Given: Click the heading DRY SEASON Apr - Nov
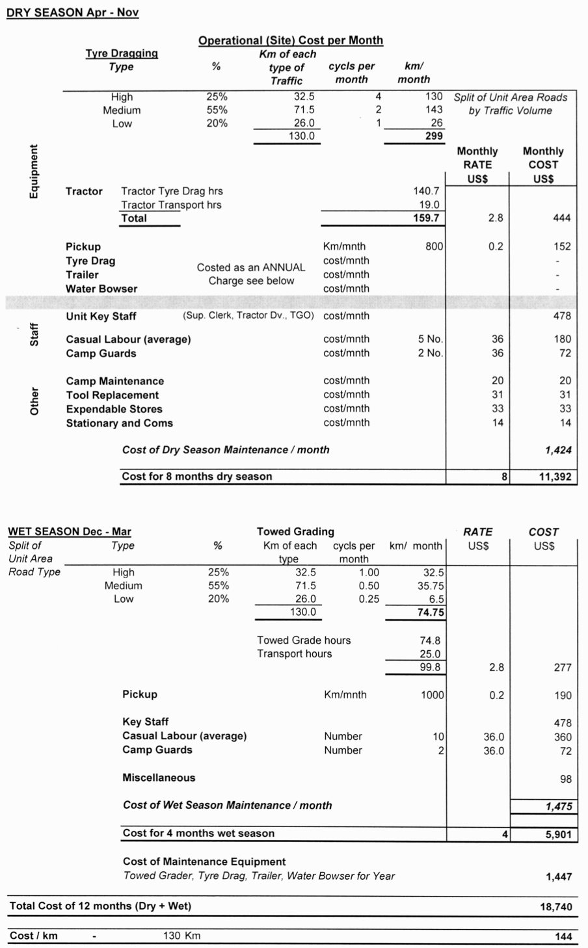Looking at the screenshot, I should [x=72, y=12].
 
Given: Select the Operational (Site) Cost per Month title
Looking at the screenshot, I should [x=290, y=40].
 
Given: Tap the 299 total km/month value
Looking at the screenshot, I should [x=434, y=136].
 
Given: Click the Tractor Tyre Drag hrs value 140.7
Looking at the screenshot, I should [x=426, y=191].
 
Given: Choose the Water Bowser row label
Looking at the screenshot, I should [x=101, y=289].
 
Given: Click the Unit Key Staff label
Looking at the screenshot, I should [x=101, y=316].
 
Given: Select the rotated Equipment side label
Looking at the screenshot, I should [x=34, y=171].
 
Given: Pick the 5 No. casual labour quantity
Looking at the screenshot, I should [x=430, y=339].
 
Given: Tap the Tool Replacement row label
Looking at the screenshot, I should [x=112, y=395].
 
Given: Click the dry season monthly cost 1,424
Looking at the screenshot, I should [x=559, y=450].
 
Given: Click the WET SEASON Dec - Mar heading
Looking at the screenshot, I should [x=70, y=532].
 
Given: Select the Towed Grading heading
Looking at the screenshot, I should [x=295, y=532].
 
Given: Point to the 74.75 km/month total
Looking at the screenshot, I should [x=431, y=612].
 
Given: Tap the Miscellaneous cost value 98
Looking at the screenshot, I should [x=565, y=778].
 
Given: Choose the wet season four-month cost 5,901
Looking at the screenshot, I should [x=558, y=834].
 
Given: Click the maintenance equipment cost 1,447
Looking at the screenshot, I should [x=559, y=876].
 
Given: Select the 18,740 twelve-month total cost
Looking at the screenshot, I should [x=556, y=906].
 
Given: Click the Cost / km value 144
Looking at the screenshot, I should [x=563, y=936].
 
